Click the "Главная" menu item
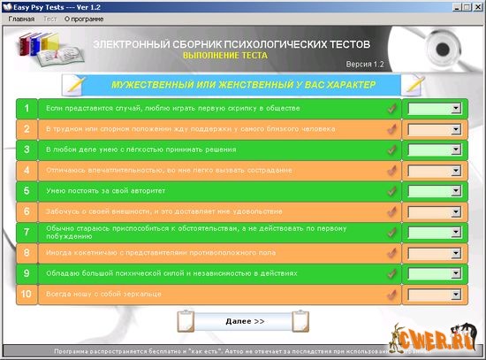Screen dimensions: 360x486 click(x=21, y=18)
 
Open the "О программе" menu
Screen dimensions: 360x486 click(x=82, y=18)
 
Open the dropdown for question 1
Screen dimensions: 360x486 click(x=432, y=108)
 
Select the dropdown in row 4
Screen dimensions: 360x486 click(x=432, y=170)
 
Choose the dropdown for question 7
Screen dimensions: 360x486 click(x=432, y=232)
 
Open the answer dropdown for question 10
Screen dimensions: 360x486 click(x=432, y=294)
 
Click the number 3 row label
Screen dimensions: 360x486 click(x=27, y=149)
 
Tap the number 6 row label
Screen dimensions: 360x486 click(x=27, y=211)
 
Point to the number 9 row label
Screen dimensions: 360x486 click(x=27, y=273)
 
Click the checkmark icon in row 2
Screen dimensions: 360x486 click(x=391, y=129)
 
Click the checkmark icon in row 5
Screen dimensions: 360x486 click(x=391, y=191)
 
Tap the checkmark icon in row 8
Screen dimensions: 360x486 click(x=391, y=253)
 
